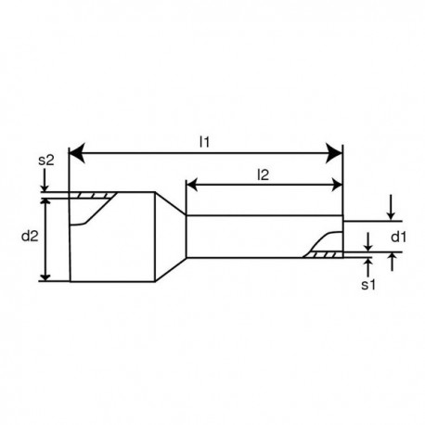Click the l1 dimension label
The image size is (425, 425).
coord(205,141)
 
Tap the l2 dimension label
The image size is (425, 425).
coord(264,173)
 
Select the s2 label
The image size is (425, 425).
coord(47,161)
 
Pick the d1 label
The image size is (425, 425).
coord(397,237)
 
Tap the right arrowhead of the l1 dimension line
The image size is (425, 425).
coord(337,152)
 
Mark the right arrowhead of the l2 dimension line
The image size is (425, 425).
coord(337,185)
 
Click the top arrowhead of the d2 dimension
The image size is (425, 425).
coord(47,199)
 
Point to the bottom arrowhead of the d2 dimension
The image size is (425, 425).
coord(47,275)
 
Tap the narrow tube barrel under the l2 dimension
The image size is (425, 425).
coord(251,236)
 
